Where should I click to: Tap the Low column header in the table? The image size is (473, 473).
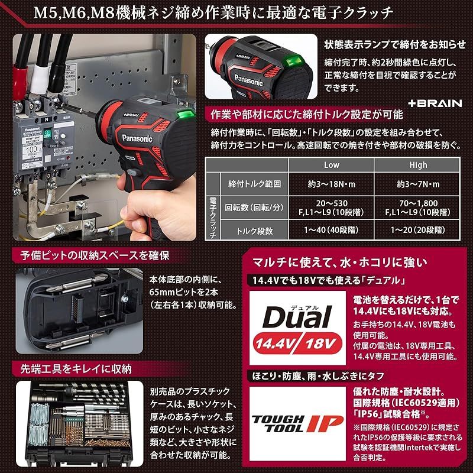[x=332, y=165]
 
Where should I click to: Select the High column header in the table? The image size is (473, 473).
[x=417, y=165]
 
